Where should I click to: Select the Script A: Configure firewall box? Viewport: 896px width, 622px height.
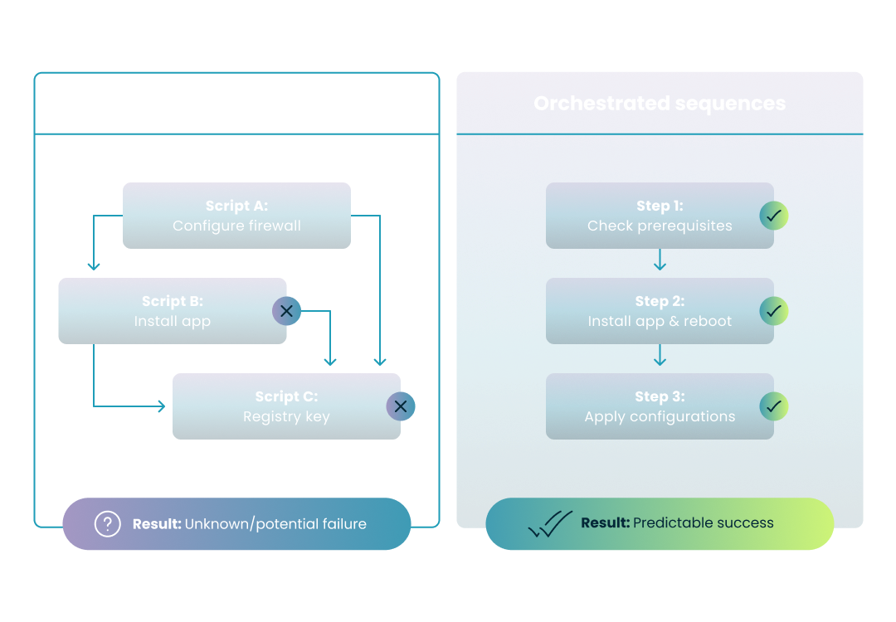click(236, 216)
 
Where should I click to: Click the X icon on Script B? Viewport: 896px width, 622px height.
click(286, 311)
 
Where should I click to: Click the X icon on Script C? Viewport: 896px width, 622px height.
click(401, 406)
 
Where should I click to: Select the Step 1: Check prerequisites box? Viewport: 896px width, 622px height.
click(660, 216)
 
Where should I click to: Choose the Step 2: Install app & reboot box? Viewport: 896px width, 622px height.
click(660, 311)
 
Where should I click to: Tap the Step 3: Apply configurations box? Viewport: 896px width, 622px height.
click(660, 406)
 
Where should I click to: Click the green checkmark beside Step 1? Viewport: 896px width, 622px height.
click(774, 216)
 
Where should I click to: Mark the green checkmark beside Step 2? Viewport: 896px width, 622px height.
click(774, 311)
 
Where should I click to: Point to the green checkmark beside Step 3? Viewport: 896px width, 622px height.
click(774, 406)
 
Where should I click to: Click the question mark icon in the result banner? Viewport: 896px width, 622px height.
click(108, 524)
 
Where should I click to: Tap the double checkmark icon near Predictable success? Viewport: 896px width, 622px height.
click(550, 524)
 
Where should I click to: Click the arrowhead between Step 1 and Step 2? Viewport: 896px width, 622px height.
click(660, 265)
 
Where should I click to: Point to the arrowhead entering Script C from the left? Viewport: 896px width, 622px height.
click(161, 406)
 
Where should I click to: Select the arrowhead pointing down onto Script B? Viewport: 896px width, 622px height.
click(94, 266)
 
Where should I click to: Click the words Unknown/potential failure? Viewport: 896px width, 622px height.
click(275, 524)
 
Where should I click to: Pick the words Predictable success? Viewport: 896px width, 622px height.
click(704, 522)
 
